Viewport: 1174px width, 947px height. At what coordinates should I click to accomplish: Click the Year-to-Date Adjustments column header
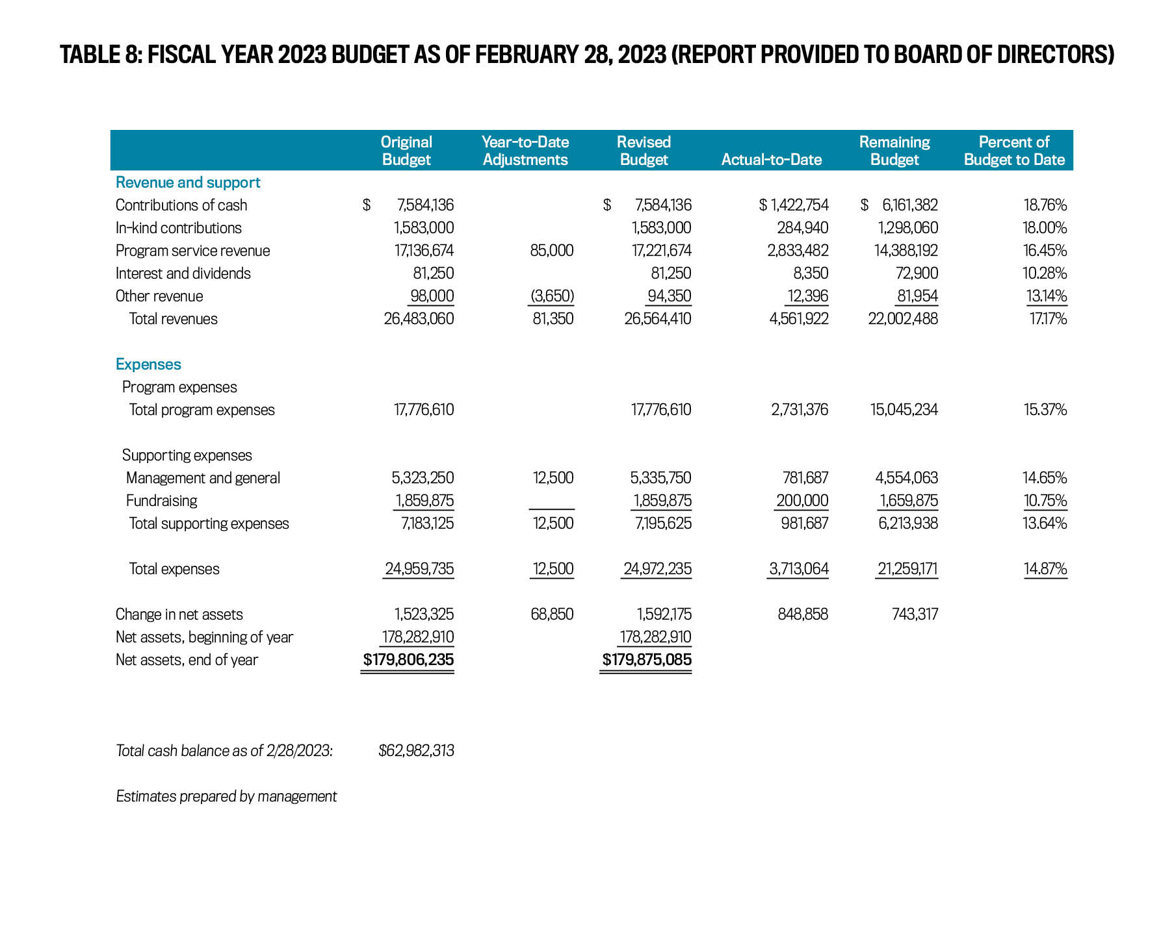coord(525,151)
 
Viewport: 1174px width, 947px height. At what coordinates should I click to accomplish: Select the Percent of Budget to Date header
coord(1013,151)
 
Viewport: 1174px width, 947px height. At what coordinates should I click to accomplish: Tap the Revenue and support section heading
coord(188,183)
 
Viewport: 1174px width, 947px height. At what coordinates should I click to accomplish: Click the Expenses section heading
coord(148,364)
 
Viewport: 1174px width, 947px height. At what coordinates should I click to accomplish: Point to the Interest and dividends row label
coord(183,273)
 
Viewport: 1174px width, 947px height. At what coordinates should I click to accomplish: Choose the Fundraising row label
coord(161,501)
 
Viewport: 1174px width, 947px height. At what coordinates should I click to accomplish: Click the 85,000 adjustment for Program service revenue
coord(551,251)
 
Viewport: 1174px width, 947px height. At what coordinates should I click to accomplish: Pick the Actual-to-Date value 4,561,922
coord(798,319)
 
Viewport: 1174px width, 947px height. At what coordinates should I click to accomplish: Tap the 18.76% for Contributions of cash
coord(1045,205)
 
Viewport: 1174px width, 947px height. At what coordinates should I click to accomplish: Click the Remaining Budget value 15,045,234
coord(904,410)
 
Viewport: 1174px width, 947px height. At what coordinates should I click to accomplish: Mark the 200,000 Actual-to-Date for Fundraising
coord(802,501)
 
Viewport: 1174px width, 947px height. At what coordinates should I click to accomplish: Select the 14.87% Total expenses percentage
coord(1045,569)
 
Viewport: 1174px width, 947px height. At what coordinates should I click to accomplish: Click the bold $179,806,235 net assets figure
coord(408,660)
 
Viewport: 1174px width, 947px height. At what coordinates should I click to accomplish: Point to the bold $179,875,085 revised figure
coord(646,660)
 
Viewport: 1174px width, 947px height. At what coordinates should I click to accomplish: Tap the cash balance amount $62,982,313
coord(416,751)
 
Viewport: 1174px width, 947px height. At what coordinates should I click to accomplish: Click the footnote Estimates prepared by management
coord(226,796)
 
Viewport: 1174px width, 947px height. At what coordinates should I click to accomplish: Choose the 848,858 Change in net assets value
coord(802,614)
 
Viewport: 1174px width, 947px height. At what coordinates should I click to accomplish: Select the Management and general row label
coord(203,478)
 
